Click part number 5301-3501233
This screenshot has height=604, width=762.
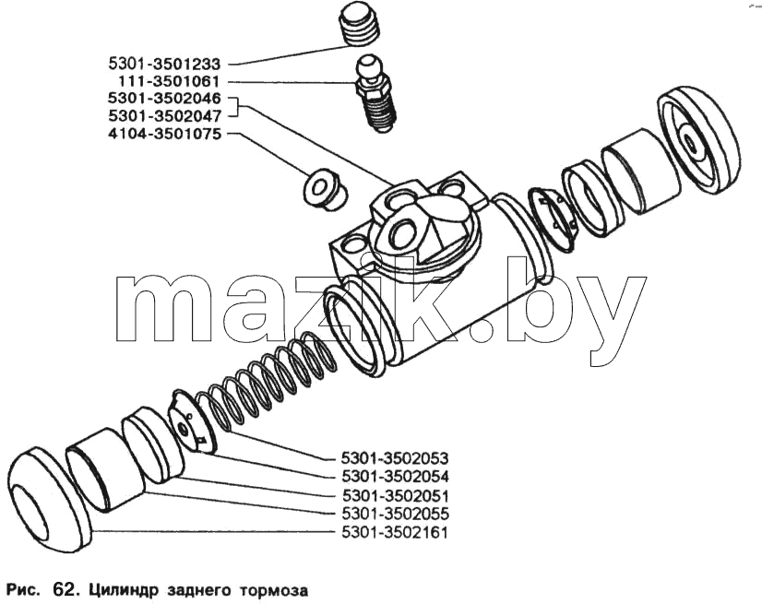pos(164,65)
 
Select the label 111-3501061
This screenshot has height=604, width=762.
pos(169,81)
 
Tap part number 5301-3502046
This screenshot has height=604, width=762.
pos(164,99)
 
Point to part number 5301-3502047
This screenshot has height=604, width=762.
pos(164,116)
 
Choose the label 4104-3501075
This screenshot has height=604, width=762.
pos(164,134)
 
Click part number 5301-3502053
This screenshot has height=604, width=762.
pos(395,458)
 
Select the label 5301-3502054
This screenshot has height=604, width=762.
pos(395,476)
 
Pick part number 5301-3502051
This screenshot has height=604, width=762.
pos(395,496)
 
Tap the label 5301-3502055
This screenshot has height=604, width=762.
pos(395,514)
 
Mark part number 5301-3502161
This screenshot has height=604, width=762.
pos(394,533)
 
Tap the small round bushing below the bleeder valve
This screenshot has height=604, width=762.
pos(324,188)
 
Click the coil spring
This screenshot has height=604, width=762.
pos(268,381)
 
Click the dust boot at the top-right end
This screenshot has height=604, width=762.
pos(698,141)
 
